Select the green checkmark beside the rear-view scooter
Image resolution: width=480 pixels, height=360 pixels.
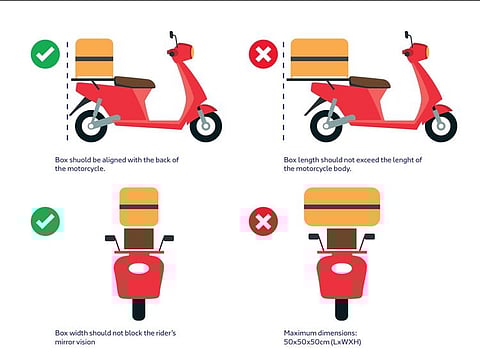(x=44, y=221)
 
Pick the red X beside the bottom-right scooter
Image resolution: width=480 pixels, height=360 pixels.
(x=263, y=221)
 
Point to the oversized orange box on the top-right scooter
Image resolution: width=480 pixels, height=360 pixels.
(x=319, y=59)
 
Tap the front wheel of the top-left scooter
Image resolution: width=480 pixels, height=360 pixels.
(x=206, y=125)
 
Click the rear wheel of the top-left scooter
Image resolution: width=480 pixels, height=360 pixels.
(x=92, y=126)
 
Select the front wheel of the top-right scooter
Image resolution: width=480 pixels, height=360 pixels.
(x=441, y=125)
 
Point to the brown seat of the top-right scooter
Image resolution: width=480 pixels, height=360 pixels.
(x=371, y=82)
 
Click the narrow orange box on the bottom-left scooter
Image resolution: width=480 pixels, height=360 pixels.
(x=139, y=206)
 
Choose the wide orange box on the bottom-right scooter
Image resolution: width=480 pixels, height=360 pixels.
(x=342, y=206)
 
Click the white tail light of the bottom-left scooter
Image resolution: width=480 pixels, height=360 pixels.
(x=139, y=268)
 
